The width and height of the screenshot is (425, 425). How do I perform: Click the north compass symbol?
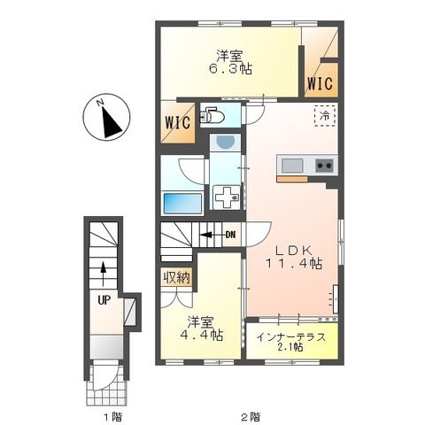pyautogui.click(x=107, y=120)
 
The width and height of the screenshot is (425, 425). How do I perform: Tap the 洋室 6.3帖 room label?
pyautogui.click(x=231, y=63)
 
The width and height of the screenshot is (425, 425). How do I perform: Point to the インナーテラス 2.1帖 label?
pyautogui.click(x=291, y=342)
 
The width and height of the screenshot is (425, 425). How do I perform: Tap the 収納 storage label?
pyautogui.click(x=174, y=277)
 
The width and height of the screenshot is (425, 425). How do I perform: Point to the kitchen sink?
pyautogui.click(x=293, y=165)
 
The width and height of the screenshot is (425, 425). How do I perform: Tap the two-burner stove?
pyautogui.click(x=322, y=165)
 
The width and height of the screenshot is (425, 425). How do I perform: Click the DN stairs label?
pyautogui.click(x=230, y=235)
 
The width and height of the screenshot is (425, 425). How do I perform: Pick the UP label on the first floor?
pyautogui.click(x=104, y=299)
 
